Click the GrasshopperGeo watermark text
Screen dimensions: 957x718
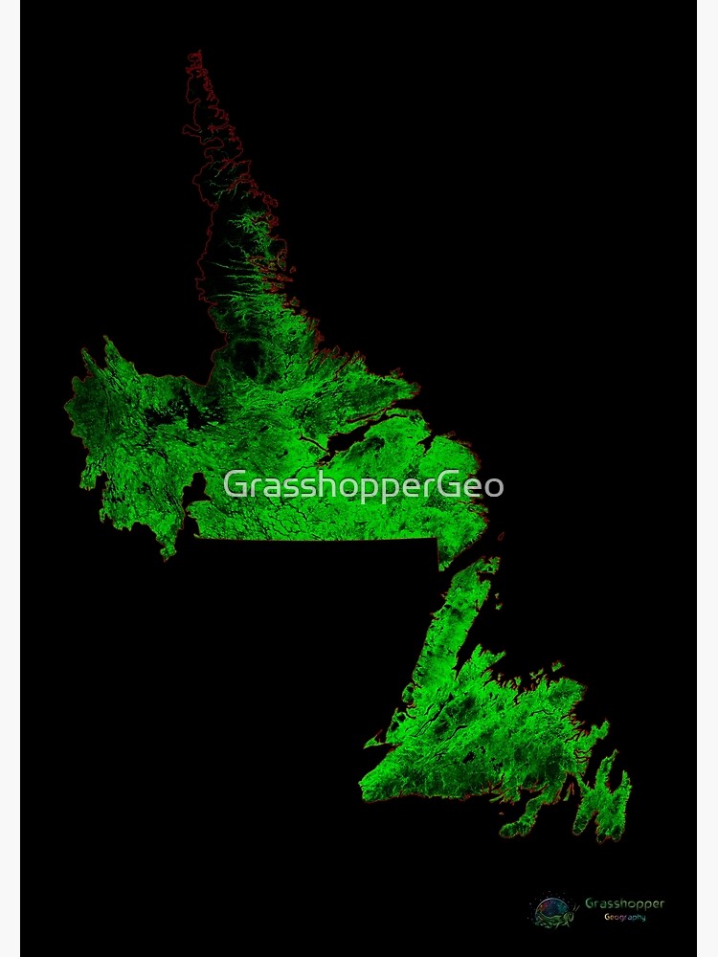click(x=363, y=486)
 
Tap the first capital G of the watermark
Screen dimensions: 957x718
click(x=235, y=485)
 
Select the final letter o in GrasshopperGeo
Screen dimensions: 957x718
click(x=493, y=487)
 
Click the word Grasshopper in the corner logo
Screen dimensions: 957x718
click(x=624, y=903)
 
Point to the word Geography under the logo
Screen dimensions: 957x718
click(x=624, y=918)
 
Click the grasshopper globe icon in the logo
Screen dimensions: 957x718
click(x=553, y=910)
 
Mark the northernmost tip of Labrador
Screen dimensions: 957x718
click(x=194, y=55)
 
